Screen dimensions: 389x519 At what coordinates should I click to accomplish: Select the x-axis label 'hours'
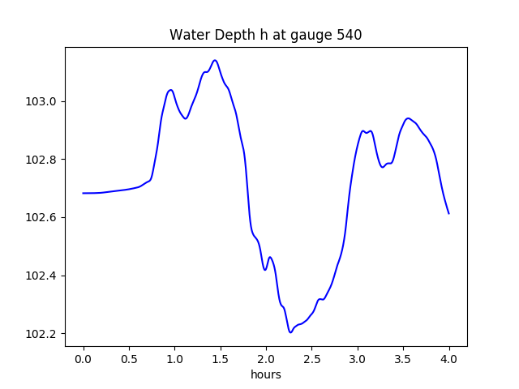(266, 375)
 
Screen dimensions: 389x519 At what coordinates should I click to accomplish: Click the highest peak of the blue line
(215, 60)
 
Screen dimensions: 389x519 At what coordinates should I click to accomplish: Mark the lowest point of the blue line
(290, 332)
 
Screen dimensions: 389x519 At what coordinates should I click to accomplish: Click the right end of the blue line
(448, 213)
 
